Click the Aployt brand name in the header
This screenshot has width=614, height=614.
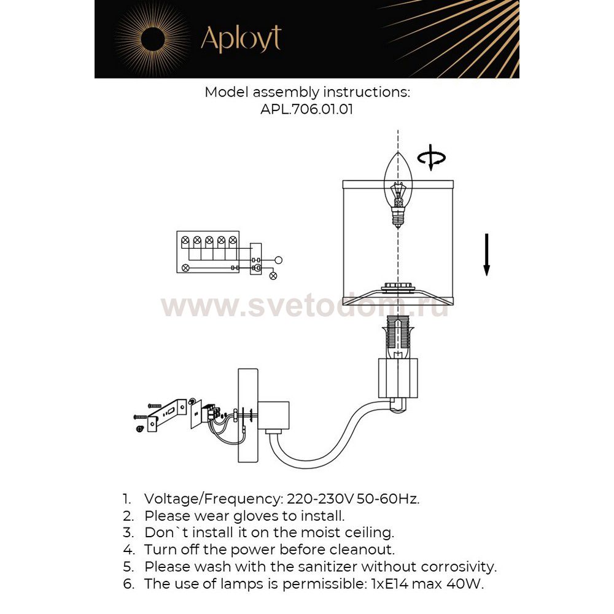pos(241,39)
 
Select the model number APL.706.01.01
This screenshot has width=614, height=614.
pos(306,110)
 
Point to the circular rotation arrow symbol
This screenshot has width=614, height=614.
pos(432,157)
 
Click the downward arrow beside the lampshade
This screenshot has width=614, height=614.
pos(486,254)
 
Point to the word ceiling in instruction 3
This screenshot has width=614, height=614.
pos(368,532)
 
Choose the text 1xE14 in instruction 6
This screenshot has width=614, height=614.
pos(387,583)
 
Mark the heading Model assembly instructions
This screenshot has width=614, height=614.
pos(306,93)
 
